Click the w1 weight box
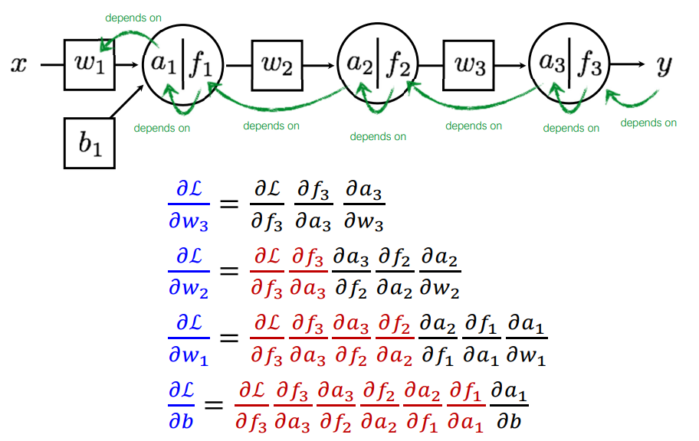[x=90, y=64]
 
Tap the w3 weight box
[x=470, y=66]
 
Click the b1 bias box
[x=89, y=142]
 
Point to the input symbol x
[x=18, y=65]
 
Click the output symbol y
[x=663, y=66]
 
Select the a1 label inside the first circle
[x=163, y=65]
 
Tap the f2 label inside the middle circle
[x=399, y=65]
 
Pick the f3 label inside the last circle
[x=590, y=65]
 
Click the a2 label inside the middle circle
[x=357, y=65]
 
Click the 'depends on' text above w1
[x=133, y=17]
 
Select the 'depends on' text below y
[x=648, y=122]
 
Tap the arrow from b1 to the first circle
[x=127, y=103]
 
